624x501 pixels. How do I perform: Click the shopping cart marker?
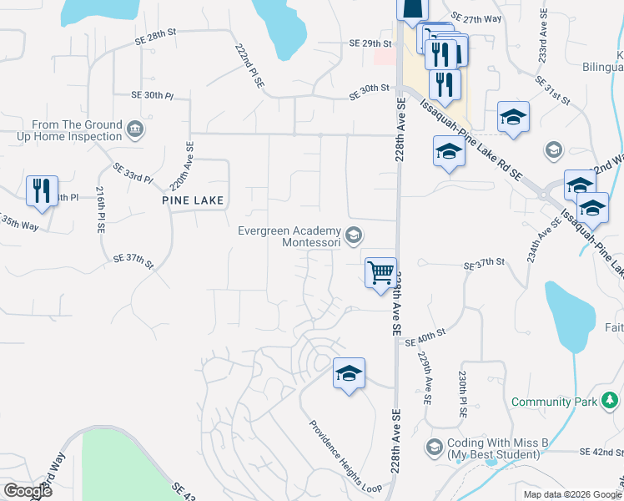[380, 271]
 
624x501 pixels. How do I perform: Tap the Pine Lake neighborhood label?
[193, 201]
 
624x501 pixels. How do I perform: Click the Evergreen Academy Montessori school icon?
[355, 236]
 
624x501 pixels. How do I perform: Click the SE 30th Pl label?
[151, 96]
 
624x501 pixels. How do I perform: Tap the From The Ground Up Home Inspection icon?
[134, 129]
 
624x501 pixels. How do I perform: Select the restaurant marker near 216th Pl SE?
[42, 191]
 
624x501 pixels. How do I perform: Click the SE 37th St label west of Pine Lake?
[133, 261]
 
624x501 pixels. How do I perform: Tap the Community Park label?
[553, 402]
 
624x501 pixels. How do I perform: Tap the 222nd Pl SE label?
[249, 66]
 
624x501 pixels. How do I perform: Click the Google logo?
[28, 491]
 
